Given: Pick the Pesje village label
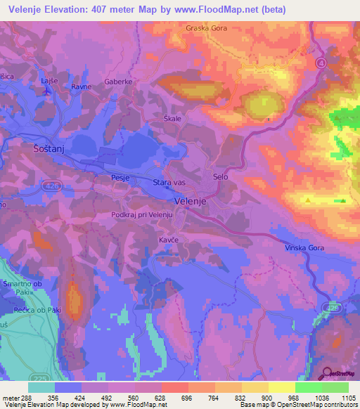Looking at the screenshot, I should coord(121,178).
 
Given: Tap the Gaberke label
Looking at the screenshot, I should coord(118,82).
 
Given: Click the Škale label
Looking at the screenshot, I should coord(172,118).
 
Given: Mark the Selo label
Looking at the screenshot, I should coord(221,177).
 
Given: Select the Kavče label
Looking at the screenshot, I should coord(167,239).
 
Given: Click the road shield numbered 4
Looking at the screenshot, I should coord(321,63).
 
